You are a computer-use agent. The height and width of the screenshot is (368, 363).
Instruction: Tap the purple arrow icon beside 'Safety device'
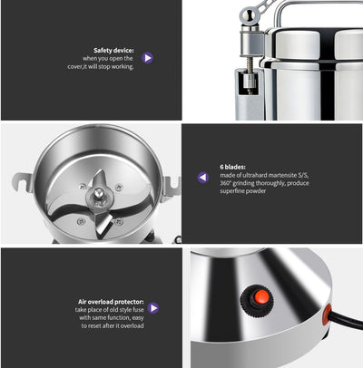pos(147,57)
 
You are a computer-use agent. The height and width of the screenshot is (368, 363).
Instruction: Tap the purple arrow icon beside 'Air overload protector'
pos(153,308)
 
